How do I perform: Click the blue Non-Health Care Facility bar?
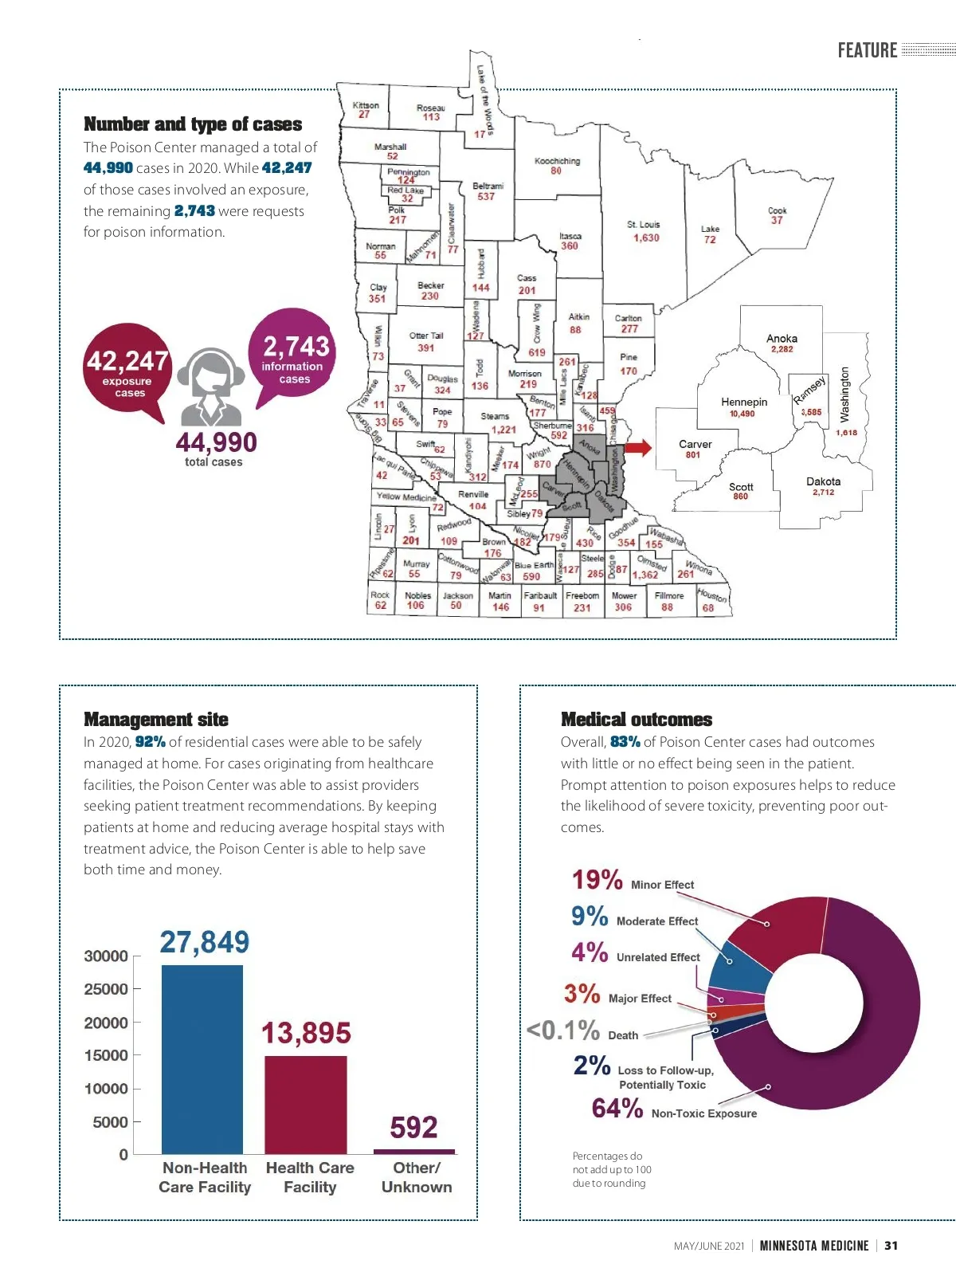click(202, 1059)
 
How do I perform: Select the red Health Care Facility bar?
click(306, 1105)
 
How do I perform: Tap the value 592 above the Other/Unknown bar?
click(413, 1127)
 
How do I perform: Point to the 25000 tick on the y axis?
click(106, 989)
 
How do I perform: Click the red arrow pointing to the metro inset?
click(637, 447)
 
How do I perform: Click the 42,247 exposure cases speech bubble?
click(127, 370)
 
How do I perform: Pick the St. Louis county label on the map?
click(644, 231)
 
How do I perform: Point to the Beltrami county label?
click(487, 190)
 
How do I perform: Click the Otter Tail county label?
click(426, 341)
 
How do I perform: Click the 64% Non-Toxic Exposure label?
click(674, 1109)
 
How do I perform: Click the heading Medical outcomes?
click(637, 720)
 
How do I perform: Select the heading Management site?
click(156, 720)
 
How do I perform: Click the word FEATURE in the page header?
click(867, 50)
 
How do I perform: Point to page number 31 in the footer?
click(891, 1246)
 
